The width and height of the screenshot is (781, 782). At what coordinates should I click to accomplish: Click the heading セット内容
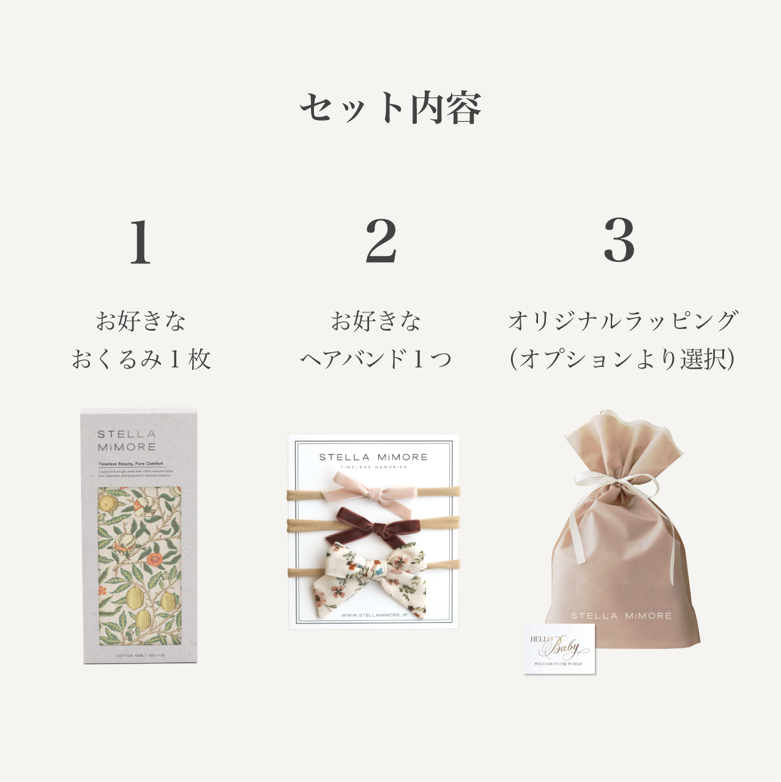pyautogui.click(x=390, y=108)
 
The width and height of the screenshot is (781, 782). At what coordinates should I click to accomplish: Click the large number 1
pyautogui.click(x=140, y=242)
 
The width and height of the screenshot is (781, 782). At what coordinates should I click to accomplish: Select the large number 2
pyautogui.click(x=381, y=241)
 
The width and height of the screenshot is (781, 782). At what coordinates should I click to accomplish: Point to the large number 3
pyautogui.click(x=619, y=240)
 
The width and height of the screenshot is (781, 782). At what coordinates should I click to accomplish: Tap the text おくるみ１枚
pyautogui.click(x=141, y=359)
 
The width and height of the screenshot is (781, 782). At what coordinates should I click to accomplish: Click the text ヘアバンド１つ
pyautogui.click(x=376, y=359)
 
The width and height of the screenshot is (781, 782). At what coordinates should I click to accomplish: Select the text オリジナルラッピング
pyautogui.click(x=622, y=321)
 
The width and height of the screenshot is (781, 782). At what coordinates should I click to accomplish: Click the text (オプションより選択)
pyautogui.click(x=622, y=359)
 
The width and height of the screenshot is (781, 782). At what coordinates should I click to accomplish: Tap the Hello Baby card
pyautogui.click(x=559, y=649)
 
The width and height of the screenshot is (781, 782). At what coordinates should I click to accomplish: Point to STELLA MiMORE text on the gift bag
pyautogui.click(x=621, y=616)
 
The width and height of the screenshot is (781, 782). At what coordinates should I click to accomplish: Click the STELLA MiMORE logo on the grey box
pyautogui.click(x=127, y=441)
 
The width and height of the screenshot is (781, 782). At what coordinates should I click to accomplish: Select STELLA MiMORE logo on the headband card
pyautogui.click(x=373, y=457)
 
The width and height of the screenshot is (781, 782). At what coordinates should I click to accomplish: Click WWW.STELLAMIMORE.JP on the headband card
pyautogui.click(x=374, y=615)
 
